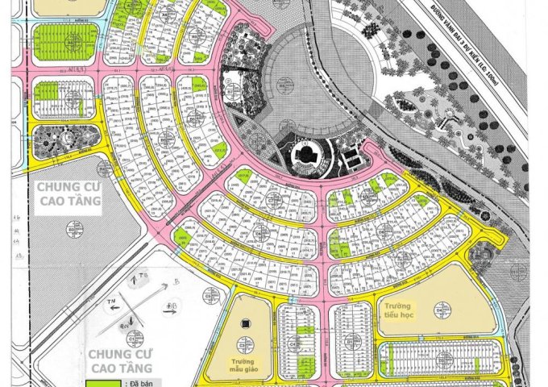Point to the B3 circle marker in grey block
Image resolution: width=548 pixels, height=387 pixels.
click(x=72, y=232)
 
